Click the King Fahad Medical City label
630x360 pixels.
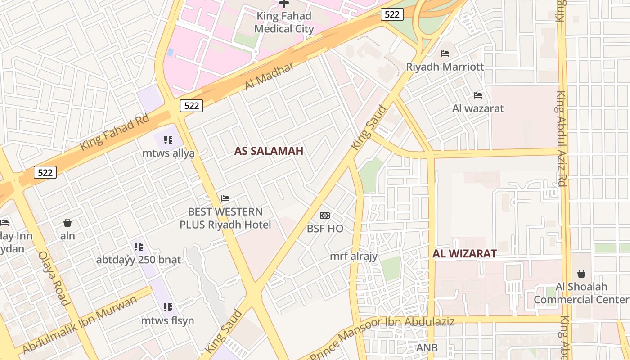click(284, 22)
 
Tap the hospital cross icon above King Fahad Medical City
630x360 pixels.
click(284, 3)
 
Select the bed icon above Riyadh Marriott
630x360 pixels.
click(445, 54)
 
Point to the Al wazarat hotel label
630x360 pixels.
click(478, 108)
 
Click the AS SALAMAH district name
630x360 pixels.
click(269, 151)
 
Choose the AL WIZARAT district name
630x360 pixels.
click(464, 253)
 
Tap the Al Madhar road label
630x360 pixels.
click(270, 76)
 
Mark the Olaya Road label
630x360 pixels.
click(54, 278)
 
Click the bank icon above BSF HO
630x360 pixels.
click(325, 216)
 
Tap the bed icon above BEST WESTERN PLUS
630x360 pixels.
click(225, 198)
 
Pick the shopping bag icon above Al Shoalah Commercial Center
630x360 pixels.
click(581, 273)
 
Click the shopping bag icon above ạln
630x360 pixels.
click(67, 222)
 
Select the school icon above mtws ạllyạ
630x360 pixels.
click(168, 140)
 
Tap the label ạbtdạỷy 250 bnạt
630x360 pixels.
click(139, 260)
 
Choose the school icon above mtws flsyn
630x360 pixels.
click(168, 307)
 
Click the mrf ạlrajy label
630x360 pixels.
click(353, 256)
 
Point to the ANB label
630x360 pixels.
click(427, 348)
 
